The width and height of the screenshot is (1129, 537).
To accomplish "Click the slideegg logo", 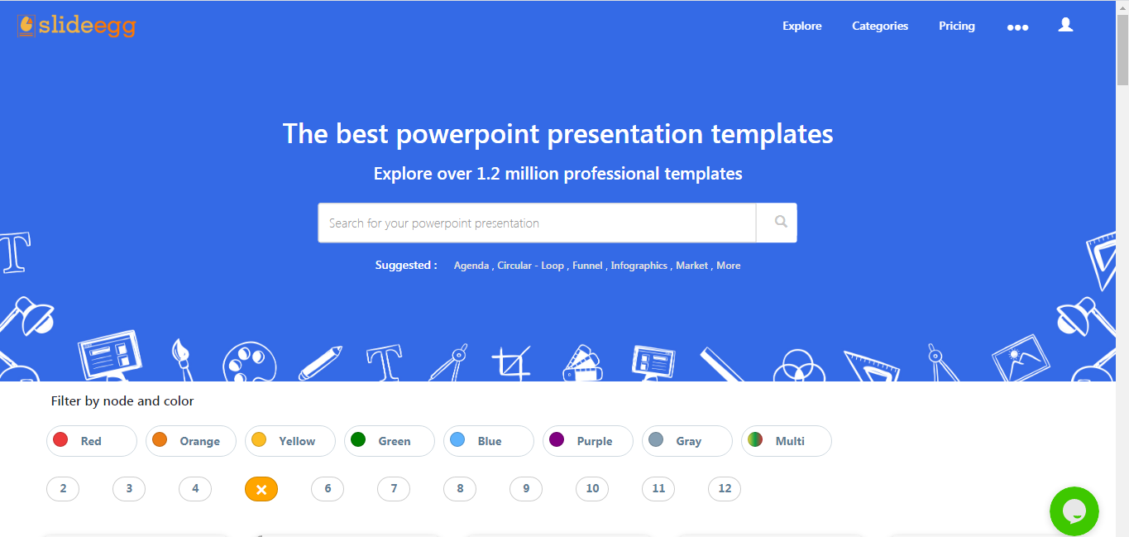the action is tap(77, 26).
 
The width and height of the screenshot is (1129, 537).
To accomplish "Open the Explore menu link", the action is tap(802, 26).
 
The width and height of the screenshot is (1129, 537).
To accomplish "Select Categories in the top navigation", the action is tap(880, 26).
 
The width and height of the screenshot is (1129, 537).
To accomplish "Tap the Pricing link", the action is tap(957, 26).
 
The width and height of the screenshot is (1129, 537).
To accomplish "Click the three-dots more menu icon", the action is tap(1017, 27).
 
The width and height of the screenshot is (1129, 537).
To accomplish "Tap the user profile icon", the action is tap(1065, 25).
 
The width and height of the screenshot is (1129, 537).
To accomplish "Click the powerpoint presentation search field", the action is tap(537, 223).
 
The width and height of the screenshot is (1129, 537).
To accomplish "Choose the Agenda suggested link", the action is tap(471, 266).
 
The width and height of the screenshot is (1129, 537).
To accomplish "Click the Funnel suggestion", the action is tap(587, 266).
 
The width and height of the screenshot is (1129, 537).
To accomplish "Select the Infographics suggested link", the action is tap(639, 266).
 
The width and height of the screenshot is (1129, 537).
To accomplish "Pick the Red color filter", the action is tap(92, 441).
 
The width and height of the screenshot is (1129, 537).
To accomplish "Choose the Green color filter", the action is tap(390, 441).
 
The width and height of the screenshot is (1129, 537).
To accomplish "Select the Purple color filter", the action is tap(588, 441).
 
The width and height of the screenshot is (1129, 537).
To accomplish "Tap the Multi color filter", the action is tap(787, 441).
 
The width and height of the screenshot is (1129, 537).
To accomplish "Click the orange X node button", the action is tap(261, 489).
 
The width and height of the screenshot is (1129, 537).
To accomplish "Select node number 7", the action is tap(394, 488).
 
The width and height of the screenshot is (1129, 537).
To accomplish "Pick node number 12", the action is tap(725, 488).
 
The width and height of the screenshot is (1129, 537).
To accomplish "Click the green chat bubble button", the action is tap(1074, 511).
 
